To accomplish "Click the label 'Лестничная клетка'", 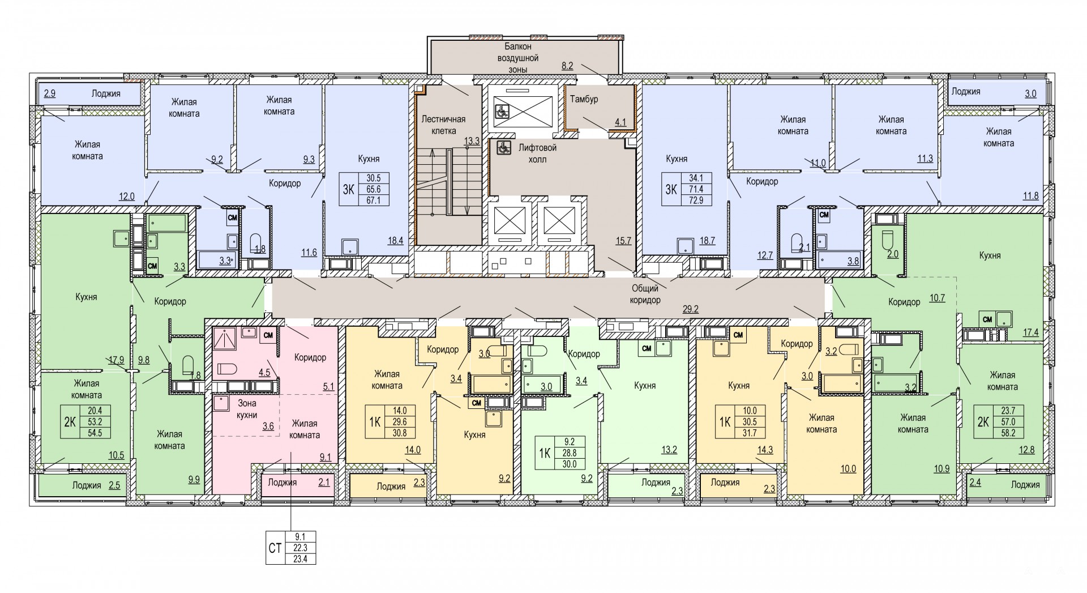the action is (x=443, y=125).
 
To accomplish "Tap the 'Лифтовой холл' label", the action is (x=537, y=153).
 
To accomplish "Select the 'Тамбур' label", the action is (x=584, y=99).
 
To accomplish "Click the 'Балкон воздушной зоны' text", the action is (x=517, y=58).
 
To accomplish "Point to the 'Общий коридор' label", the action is (x=644, y=294).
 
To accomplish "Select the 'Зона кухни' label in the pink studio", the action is (x=246, y=409).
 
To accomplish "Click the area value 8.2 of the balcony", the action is (x=567, y=66).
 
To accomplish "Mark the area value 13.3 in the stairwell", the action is (x=472, y=141).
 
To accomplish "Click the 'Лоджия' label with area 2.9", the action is (x=105, y=93).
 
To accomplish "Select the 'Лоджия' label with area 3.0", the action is (x=966, y=91).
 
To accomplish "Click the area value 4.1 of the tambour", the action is (x=620, y=122).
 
